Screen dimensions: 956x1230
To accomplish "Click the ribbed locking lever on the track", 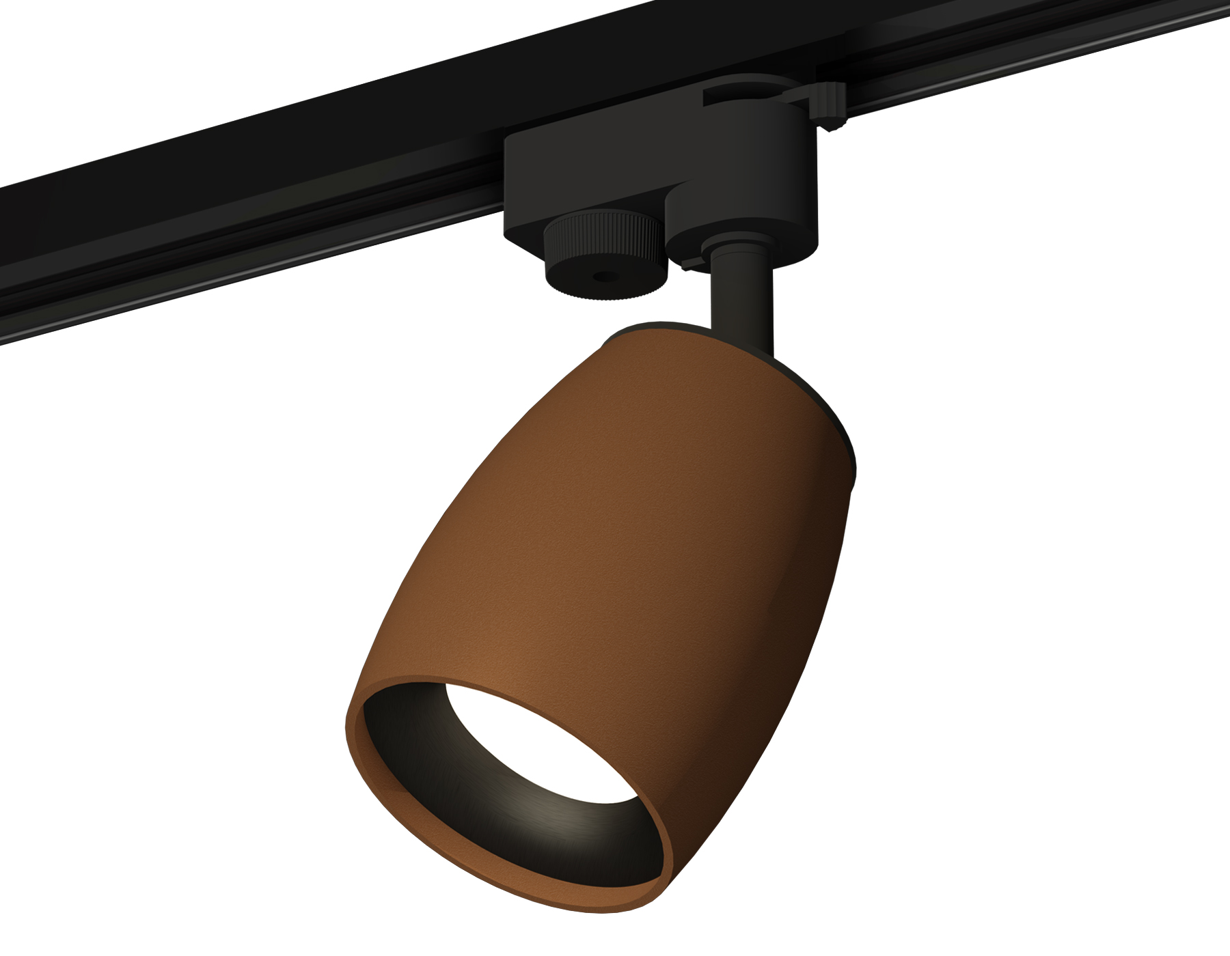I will coord(830,106).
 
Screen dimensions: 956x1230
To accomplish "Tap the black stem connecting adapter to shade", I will coord(741,300).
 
